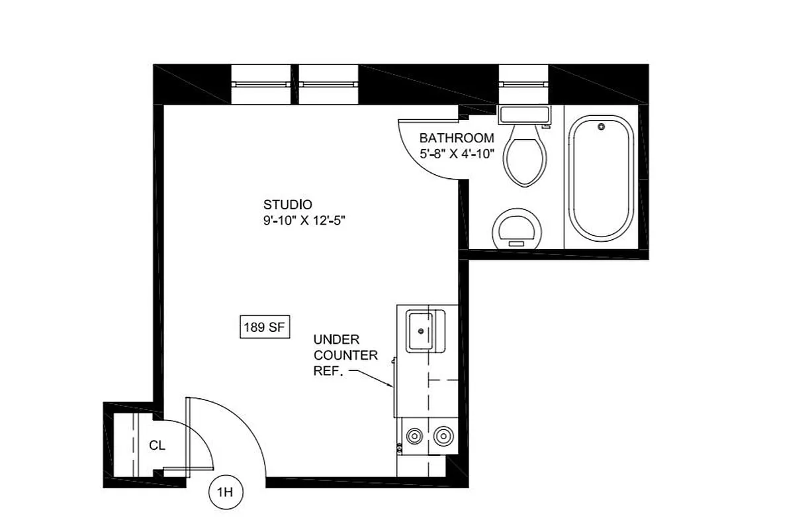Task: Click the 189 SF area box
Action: click(265, 327)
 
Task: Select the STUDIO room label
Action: click(287, 204)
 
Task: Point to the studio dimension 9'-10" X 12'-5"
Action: click(304, 221)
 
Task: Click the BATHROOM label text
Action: click(457, 138)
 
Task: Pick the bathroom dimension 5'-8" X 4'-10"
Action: click(457, 154)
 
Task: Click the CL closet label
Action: click(157, 446)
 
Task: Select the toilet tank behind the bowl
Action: click(524, 115)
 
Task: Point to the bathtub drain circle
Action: click(601, 126)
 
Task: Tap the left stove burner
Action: click(415, 436)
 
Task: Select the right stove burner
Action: click(443, 436)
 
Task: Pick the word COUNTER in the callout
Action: click(345, 356)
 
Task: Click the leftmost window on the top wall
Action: click(260, 84)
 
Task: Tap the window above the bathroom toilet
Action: click(524, 84)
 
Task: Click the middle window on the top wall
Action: click(328, 84)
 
